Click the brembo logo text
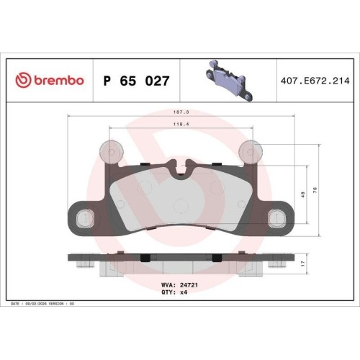click(x=59, y=81)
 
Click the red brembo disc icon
click(x=23, y=81)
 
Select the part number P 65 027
click(x=136, y=81)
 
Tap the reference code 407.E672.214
click(x=315, y=81)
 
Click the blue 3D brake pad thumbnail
click(x=229, y=80)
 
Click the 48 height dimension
click(x=303, y=194)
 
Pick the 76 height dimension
click(x=315, y=190)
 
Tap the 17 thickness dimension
click(x=303, y=264)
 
